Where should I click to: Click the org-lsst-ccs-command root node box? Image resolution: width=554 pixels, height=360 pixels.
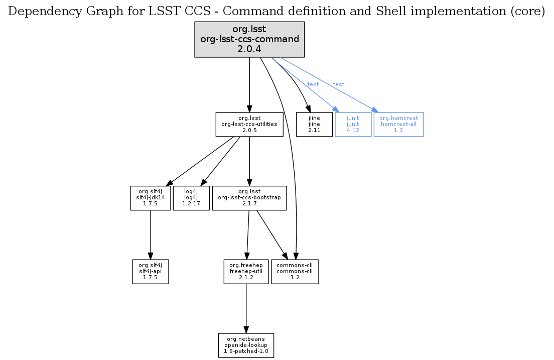pos(249,39)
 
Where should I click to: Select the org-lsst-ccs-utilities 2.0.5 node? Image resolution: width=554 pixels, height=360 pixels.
pos(249,124)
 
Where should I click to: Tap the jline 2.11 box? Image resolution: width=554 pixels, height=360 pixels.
pos(314,124)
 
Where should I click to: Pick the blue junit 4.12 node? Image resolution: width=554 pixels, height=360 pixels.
pos(353,124)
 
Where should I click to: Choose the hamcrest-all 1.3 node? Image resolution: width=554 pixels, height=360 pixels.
pos(398,124)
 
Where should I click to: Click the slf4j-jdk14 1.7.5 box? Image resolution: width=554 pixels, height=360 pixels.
pos(151,198)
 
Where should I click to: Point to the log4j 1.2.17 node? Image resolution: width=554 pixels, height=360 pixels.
pos(191,198)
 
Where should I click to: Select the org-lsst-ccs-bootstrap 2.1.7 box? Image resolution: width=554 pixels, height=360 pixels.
pos(249,198)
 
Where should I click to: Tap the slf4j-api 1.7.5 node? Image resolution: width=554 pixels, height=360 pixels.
pos(151,271)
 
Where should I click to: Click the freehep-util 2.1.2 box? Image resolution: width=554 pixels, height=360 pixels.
pos(246,271)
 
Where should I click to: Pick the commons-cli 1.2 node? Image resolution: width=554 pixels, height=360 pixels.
pos(295,271)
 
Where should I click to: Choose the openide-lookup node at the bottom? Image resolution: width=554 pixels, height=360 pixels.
pos(246,345)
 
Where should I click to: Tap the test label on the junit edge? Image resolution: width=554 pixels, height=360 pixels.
pos(313,84)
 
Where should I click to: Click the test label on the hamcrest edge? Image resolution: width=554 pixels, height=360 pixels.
pos(339,84)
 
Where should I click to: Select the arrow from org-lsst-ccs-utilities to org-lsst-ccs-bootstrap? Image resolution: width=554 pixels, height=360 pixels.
pos(249,161)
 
